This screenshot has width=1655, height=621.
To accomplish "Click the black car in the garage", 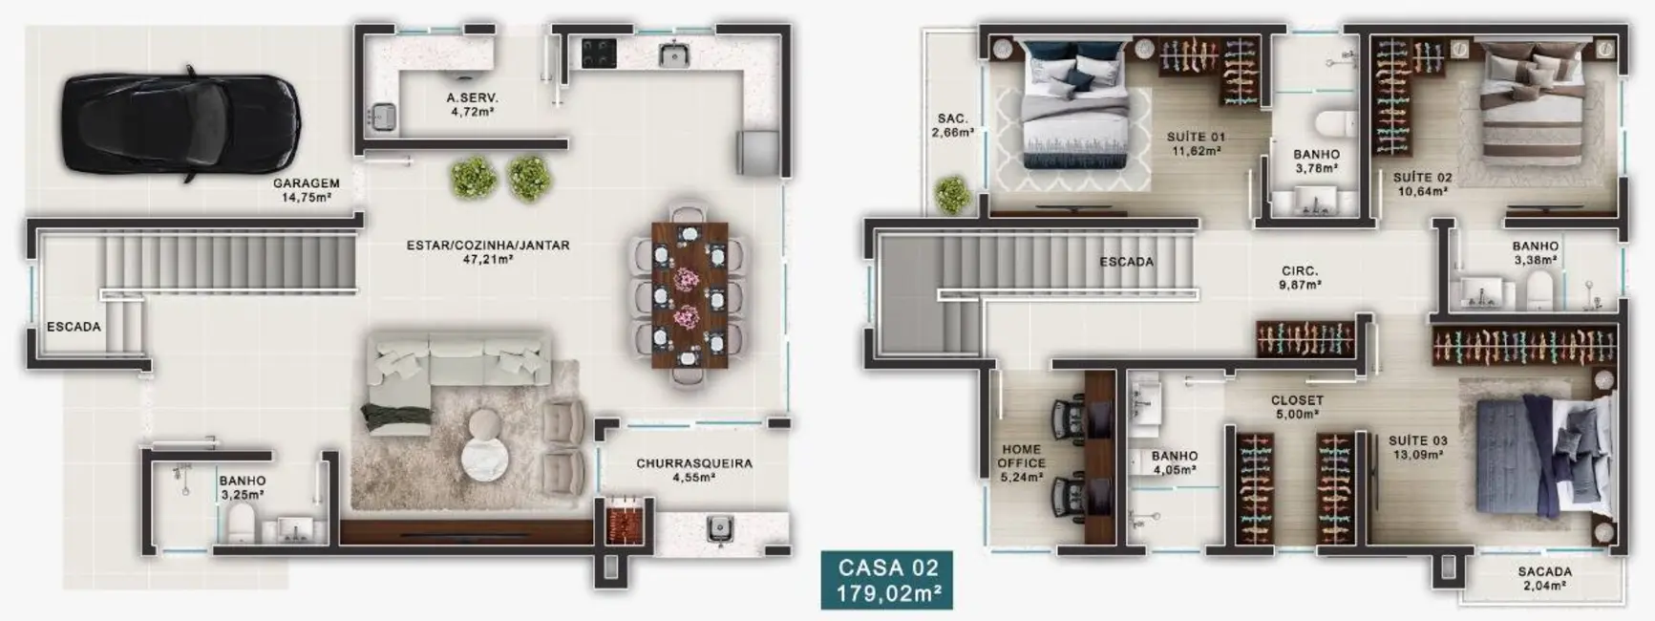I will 181,123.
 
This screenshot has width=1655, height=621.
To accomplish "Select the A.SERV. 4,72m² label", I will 472,104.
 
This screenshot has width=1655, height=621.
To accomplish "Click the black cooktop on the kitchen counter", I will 599,53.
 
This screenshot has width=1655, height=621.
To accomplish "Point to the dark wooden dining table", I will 690,294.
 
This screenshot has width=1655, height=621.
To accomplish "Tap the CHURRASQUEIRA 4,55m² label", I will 693,470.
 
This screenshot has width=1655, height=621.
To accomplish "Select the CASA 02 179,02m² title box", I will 888,580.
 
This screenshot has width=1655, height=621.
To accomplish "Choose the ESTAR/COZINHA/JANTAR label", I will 487,251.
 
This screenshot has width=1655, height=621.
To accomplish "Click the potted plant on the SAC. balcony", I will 952,194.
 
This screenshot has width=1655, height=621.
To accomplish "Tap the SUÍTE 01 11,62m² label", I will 1195,143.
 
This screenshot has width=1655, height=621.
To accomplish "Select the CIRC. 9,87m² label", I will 1300,277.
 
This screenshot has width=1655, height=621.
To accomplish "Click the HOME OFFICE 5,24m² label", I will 1021,462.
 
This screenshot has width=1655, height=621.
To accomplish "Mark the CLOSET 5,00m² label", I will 1297,407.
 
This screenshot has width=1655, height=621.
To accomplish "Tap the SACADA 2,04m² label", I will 1544,578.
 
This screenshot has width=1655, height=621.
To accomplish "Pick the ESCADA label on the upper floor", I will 1126,261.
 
